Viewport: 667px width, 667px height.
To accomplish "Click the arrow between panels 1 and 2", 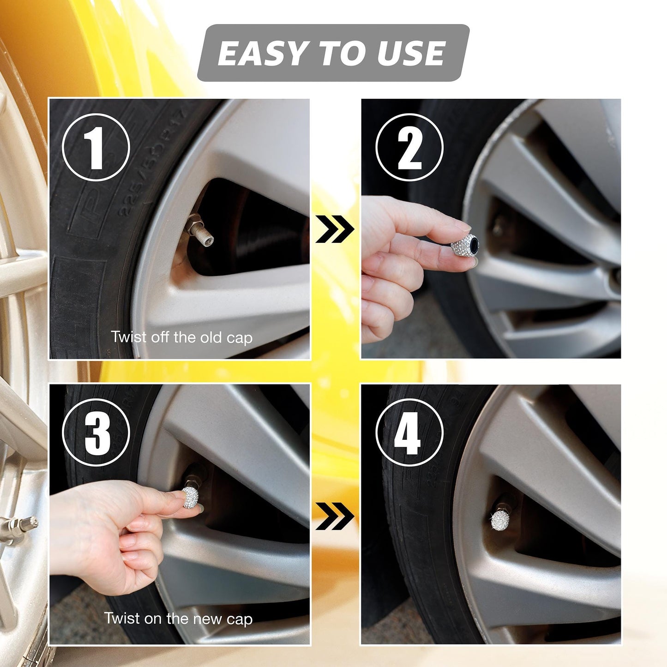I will (335, 229).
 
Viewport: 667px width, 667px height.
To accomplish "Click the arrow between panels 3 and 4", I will (335, 516).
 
